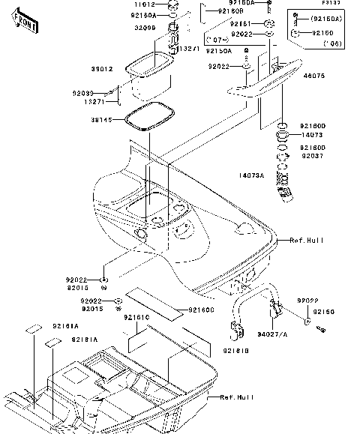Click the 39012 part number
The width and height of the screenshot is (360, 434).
(x=103, y=69)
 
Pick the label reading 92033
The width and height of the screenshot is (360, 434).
(x=103, y=92)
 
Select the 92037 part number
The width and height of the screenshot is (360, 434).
(x=313, y=156)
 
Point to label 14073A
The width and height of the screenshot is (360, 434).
(x=253, y=175)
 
